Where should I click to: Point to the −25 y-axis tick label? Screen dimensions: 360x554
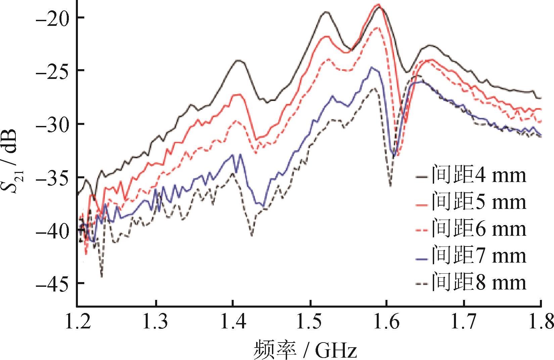pyautogui.click(x=52, y=71)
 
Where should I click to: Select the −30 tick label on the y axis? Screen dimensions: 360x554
pyautogui.click(x=52, y=124)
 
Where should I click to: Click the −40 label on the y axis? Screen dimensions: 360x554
pyautogui.click(x=52, y=230)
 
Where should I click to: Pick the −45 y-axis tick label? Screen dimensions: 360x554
pyautogui.click(x=52, y=283)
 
